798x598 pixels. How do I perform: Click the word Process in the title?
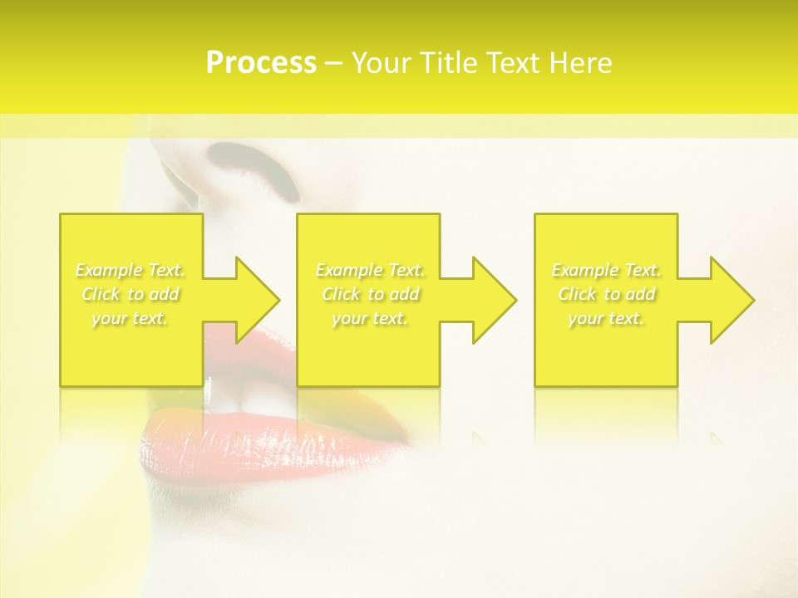tap(261, 63)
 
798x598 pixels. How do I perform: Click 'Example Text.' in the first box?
tap(131, 270)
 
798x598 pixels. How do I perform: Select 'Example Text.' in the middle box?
tap(370, 270)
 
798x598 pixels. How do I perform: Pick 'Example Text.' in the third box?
tap(606, 270)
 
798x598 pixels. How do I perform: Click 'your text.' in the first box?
tap(131, 318)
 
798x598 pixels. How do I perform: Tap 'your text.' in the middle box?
tap(370, 318)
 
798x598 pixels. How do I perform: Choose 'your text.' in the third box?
tap(606, 318)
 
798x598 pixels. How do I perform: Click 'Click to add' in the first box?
tap(131, 294)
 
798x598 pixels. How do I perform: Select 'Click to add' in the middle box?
tap(370, 294)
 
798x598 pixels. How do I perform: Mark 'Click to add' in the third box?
tap(606, 294)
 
